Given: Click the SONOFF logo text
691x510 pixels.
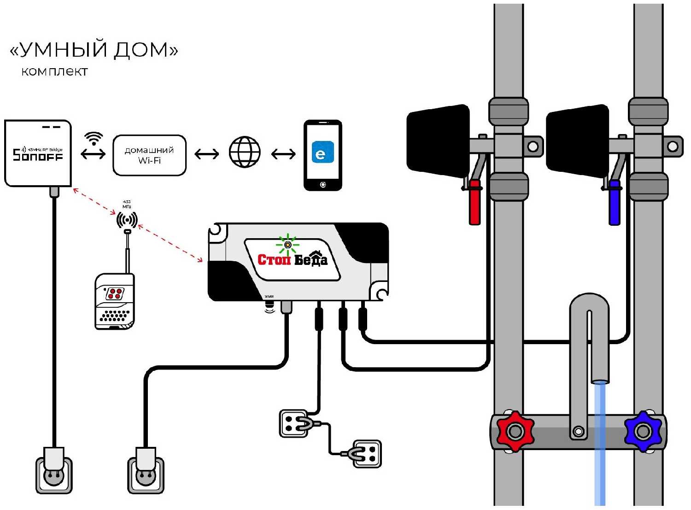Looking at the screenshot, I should (38, 155).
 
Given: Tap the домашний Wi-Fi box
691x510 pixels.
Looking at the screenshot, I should (149, 155).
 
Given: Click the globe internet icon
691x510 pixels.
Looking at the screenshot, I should (245, 152).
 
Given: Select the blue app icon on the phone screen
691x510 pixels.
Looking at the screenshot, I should (322, 152).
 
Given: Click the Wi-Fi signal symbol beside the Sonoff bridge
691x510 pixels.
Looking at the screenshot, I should (94, 138).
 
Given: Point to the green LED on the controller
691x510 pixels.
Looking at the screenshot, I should (287, 245).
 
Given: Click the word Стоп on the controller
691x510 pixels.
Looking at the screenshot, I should (274, 260).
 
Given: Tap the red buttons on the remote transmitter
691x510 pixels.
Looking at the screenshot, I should (114, 293).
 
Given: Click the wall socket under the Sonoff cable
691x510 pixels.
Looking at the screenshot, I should (54, 475).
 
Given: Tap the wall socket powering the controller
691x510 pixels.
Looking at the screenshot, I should (146, 475).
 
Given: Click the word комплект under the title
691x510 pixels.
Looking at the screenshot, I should (54, 72).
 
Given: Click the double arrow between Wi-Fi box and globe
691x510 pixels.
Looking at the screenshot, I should (207, 153).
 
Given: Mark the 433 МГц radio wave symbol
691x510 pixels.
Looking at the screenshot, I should (127, 220).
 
